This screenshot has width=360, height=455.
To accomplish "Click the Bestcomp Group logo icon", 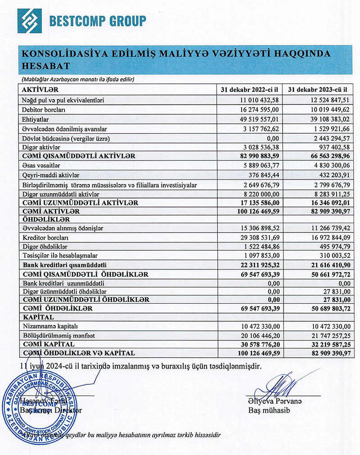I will [30, 21].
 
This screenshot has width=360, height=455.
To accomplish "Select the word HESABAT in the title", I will [45, 66].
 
